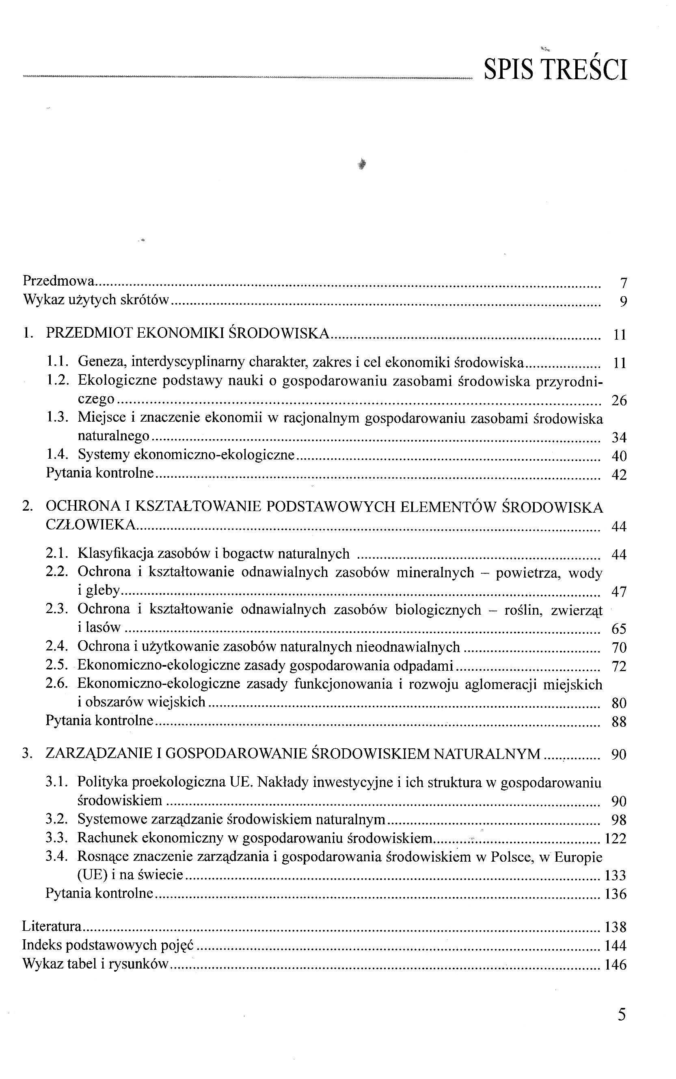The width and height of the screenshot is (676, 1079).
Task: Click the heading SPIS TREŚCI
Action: click(x=556, y=69)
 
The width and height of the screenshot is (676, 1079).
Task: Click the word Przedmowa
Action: click(x=59, y=281)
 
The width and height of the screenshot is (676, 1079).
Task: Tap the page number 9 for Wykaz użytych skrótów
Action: click(x=623, y=302)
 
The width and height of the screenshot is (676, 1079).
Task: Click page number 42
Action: click(x=619, y=474)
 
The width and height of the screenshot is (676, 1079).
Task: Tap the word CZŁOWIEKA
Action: click(x=90, y=525)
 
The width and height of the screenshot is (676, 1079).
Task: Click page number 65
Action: click(x=619, y=629)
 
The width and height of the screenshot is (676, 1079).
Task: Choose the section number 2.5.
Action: click(x=57, y=666)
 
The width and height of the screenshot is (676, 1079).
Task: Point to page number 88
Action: click(x=619, y=721)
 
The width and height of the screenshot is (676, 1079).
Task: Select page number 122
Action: click(x=616, y=838)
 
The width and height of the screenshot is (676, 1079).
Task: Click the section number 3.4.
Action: click(x=57, y=856)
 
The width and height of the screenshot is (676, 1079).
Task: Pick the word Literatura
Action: click(x=52, y=927)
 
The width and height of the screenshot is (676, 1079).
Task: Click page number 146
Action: click(x=616, y=964)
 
